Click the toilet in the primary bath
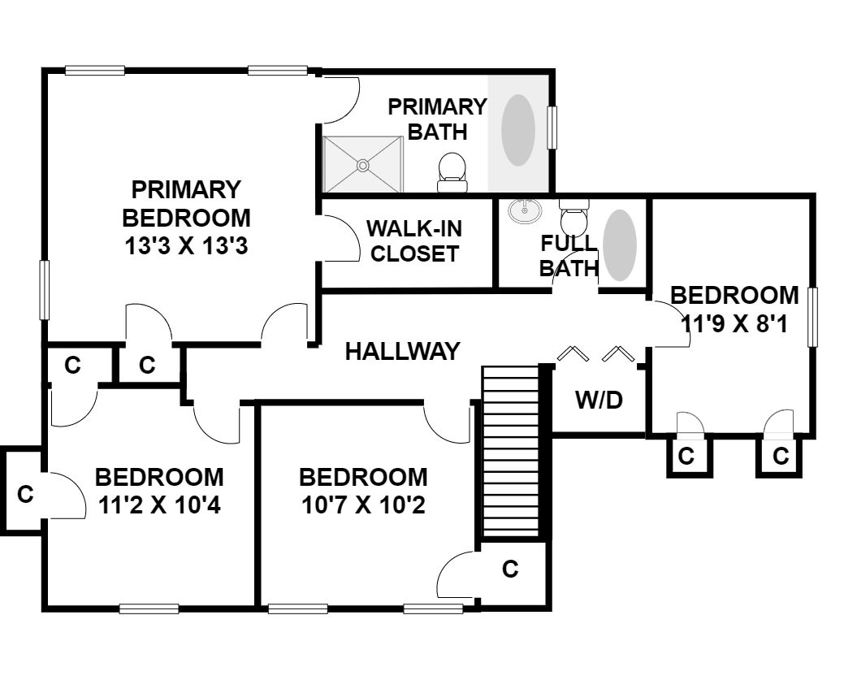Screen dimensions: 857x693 click(452, 172)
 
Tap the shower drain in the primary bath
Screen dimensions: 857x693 click(362, 164)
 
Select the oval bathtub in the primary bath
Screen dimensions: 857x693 click(517, 130)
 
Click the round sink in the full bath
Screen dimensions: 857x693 click(525, 211)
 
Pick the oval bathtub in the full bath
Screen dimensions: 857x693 click(619, 245)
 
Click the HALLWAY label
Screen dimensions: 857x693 click(402, 351)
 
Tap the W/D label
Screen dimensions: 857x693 click(599, 400)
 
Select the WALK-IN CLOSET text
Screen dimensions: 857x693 click(414, 241)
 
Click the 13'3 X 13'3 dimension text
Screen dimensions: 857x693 click(186, 246)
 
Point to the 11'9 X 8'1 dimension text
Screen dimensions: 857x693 click(734, 324)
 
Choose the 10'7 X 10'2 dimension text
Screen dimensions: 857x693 click(363, 505)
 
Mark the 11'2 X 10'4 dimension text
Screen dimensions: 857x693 click(159, 505)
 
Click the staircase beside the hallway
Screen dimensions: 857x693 click(511, 452)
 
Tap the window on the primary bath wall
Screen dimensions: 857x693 click(552, 128)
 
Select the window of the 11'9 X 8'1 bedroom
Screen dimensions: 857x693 click(813, 317)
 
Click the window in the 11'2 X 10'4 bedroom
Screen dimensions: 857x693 click(149, 609)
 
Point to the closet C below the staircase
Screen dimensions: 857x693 click(510, 570)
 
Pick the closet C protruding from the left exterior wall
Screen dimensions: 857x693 click(25, 494)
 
